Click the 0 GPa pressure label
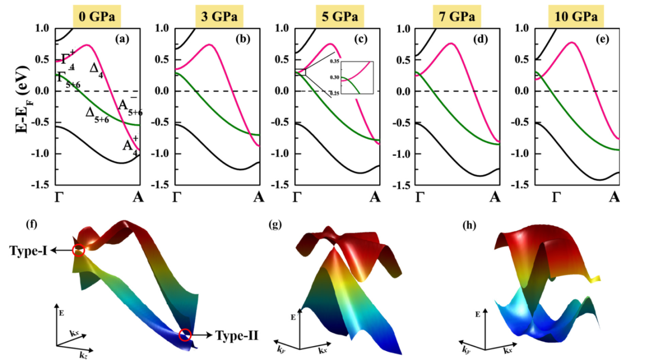(97, 16)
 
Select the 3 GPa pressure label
(219, 16)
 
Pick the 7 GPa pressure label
(458, 16)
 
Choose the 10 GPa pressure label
(577, 16)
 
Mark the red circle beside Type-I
(78, 251)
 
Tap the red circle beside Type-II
(185, 335)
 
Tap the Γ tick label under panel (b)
(177, 198)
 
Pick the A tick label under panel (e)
(615, 198)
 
